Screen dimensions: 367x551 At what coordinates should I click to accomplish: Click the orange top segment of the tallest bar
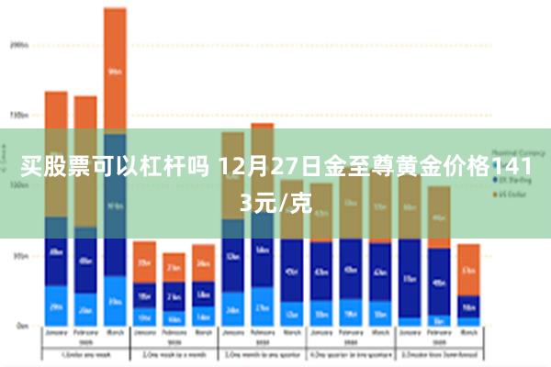(x=115, y=69)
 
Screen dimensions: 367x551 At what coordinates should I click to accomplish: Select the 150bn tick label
(x=18, y=116)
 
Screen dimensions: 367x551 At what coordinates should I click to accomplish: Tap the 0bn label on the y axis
(x=21, y=325)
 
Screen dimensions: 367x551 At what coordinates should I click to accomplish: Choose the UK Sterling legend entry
(x=511, y=180)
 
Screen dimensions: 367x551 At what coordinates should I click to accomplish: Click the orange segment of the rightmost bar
(x=468, y=269)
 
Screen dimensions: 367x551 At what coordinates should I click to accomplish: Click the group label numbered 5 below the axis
(x=439, y=353)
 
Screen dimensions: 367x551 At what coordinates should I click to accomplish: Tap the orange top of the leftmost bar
(x=56, y=108)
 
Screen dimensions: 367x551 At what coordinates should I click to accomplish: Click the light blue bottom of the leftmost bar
(x=56, y=306)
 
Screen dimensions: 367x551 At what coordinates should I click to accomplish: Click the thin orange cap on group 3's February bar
(x=263, y=125)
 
